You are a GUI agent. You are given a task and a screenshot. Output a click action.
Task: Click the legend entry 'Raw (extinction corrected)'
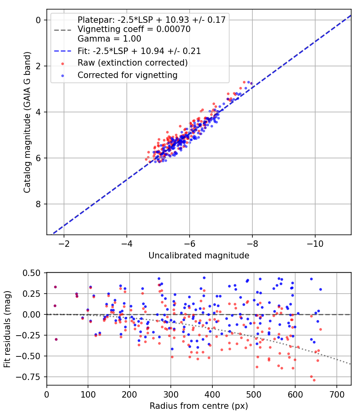pos(132,63)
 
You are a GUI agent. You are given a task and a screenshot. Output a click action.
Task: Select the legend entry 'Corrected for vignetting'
pos(127,75)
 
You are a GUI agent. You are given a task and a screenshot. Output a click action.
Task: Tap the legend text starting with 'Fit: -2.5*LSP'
pos(139,51)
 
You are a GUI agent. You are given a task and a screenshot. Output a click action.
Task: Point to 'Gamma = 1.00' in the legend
pos(109,39)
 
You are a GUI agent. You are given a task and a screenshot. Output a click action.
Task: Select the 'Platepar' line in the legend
pos(152,20)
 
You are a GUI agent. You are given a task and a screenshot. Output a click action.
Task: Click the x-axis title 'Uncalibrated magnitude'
pos(199,256)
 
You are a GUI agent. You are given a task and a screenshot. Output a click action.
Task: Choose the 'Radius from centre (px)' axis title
pos(199,406)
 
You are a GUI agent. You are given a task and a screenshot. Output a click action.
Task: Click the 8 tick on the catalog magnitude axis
pos(39,204)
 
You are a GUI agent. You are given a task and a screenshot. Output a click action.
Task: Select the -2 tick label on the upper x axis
pos(64,244)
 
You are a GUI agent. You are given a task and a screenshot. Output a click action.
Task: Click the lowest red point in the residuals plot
pos(314,380)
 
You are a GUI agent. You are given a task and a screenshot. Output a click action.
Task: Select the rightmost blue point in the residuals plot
pos(320,289)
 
